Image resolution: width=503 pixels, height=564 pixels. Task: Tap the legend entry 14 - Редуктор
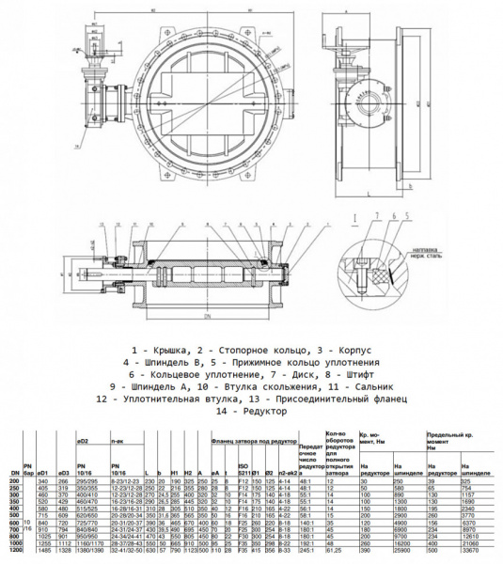coord(251,411)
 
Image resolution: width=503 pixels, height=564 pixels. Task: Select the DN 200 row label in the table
coord(14,480)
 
